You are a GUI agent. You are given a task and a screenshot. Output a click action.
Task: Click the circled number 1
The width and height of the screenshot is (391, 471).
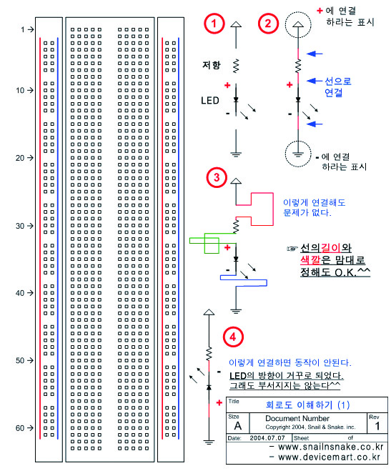(x=214, y=24)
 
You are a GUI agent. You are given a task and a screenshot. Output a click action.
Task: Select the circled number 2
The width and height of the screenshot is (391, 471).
(x=268, y=24)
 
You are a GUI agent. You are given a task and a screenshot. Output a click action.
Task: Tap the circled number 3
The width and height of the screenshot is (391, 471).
(x=217, y=177)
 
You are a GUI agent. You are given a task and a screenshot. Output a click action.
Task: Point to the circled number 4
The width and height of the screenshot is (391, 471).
(x=233, y=337)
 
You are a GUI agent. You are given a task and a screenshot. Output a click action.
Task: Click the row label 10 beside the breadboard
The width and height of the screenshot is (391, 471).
(x=20, y=90)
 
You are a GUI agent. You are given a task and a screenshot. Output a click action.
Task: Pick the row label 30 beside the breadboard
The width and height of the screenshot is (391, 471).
(x=20, y=226)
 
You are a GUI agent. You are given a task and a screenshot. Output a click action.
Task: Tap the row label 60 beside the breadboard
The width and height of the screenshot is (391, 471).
(x=20, y=427)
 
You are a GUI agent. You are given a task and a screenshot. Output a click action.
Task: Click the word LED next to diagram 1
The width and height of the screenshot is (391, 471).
(x=210, y=101)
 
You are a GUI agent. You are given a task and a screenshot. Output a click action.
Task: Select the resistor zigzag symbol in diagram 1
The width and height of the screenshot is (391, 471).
(x=236, y=66)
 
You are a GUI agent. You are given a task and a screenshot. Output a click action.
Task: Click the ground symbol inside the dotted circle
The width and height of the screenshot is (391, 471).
(x=297, y=154)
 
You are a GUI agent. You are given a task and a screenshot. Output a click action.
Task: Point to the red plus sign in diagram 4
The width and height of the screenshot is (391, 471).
(x=219, y=402)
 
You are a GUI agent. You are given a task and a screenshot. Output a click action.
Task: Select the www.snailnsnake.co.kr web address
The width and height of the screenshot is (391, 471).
(x=331, y=447)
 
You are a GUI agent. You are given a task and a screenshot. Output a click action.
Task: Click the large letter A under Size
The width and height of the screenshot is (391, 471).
(x=238, y=426)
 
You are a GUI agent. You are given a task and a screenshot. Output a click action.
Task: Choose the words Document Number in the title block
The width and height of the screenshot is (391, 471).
(x=297, y=418)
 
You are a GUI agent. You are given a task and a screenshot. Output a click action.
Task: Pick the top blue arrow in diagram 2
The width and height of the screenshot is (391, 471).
(x=315, y=54)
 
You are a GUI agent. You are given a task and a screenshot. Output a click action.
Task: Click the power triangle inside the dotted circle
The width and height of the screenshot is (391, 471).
(x=297, y=24)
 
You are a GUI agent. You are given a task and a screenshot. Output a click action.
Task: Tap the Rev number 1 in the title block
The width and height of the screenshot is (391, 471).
(x=377, y=426)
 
